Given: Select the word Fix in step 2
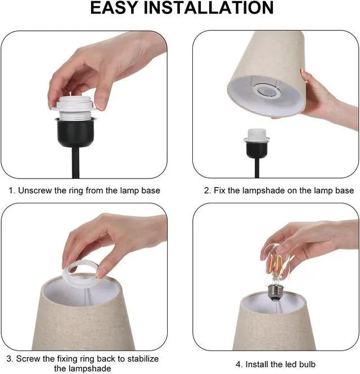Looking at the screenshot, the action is click(219, 190).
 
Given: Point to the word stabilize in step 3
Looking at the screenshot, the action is click(143, 359).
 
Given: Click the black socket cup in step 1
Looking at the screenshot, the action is click(75, 133).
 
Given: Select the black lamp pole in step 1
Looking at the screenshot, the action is click(75, 163).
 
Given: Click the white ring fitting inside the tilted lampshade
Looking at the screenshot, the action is click(267, 91).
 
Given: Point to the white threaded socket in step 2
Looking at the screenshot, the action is click(256, 136).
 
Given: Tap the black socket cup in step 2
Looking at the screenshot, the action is click(257, 150).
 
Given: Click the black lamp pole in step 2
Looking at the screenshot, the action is click(257, 168).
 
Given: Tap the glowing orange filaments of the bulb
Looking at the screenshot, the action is click(277, 264).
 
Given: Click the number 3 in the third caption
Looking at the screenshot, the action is click(10, 359).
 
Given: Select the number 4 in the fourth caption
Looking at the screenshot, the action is click(238, 364).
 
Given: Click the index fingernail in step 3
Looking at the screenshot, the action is click(101, 273).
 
